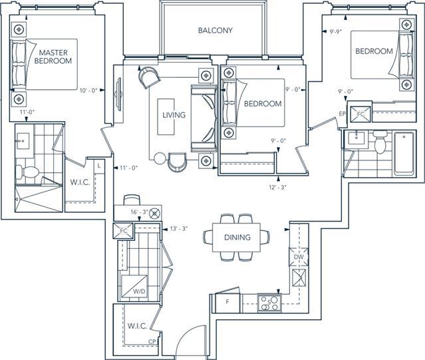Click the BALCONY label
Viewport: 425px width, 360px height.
[x=215, y=31]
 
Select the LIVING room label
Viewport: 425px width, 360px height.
[x=174, y=115]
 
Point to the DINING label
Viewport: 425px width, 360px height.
[x=237, y=238]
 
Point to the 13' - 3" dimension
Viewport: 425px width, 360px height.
[x=178, y=228]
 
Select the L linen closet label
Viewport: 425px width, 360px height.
[x=98, y=164]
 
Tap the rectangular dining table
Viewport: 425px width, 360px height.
[x=237, y=238]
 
